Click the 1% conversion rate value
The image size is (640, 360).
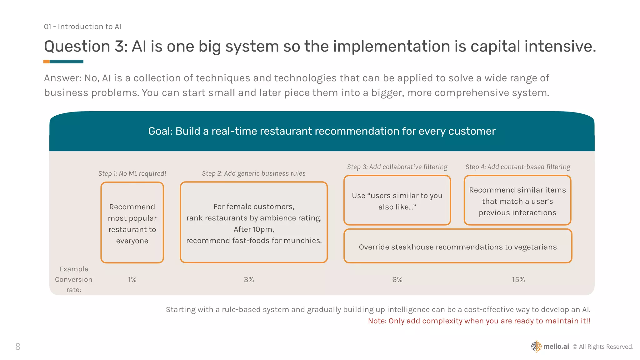coord(132,280)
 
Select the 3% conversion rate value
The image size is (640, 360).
coord(249,280)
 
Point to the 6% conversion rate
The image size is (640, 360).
coord(397,280)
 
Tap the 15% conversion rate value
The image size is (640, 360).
coord(518,280)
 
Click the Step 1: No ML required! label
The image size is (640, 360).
coord(132,173)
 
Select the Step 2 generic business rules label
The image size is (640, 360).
coord(254,173)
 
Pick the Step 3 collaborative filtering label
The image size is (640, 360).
coord(397,167)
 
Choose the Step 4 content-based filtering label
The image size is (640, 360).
coord(518,167)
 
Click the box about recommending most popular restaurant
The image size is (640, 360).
coord(132,222)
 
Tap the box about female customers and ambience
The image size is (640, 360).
coord(254,222)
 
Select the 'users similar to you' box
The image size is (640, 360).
coord(397,200)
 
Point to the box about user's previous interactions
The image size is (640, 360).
coord(517,200)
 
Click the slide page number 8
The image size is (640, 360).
coord(18,347)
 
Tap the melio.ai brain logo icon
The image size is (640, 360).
coord(536,346)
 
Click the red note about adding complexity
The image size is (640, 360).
coord(479,321)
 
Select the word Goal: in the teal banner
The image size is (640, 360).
coord(160,131)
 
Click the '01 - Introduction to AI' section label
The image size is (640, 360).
coord(82,27)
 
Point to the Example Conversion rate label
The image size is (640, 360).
coord(74,279)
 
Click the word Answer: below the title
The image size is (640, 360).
coord(62,78)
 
